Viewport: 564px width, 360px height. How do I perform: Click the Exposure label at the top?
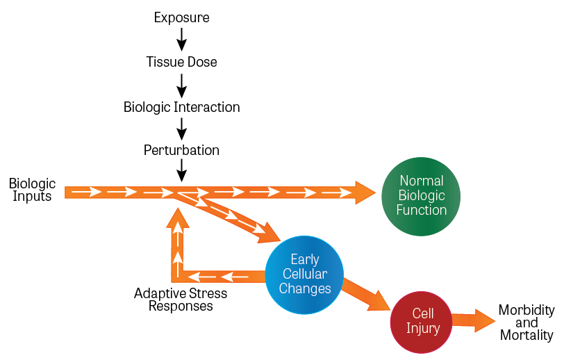(x=181, y=17)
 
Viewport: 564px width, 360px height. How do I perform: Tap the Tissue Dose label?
(x=181, y=62)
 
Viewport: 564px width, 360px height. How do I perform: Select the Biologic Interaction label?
(x=181, y=107)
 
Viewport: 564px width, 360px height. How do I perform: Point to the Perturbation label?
(x=181, y=150)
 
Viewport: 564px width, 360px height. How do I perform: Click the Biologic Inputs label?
(x=32, y=190)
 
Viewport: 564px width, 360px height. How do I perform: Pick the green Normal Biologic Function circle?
(x=422, y=196)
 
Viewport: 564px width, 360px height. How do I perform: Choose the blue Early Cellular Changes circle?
(x=305, y=275)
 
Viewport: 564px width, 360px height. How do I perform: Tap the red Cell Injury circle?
(x=423, y=320)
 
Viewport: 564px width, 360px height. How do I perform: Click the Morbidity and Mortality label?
(x=526, y=322)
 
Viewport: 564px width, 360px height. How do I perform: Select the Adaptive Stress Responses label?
(x=181, y=300)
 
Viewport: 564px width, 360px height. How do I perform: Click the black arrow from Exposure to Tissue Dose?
(x=181, y=39)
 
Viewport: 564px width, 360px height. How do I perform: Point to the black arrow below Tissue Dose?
(x=181, y=84)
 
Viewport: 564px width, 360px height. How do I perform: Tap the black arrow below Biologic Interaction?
(x=181, y=129)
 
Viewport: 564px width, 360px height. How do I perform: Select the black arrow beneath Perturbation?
(x=181, y=171)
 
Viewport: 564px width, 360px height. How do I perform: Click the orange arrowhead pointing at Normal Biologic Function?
(x=364, y=193)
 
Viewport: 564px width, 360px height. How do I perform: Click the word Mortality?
(x=526, y=336)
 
